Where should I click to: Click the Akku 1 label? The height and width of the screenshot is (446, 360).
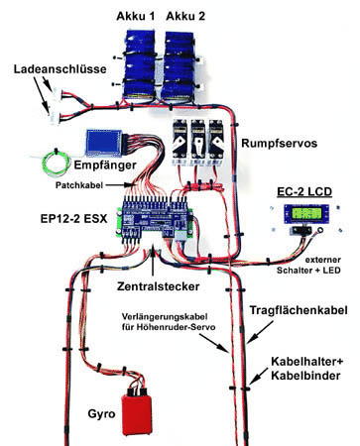pyautogui.click(x=136, y=16)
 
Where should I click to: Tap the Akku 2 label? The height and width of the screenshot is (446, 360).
pyautogui.click(x=185, y=16)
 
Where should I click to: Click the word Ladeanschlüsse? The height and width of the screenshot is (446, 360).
pyautogui.click(x=60, y=69)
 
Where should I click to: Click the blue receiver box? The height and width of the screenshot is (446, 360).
pyautogui.click(x=104, y=143)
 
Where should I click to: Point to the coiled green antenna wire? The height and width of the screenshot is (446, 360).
pyautogui.click(x=56, y=163)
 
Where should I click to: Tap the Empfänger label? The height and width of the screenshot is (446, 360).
pyautogui.click(x=105, y=165)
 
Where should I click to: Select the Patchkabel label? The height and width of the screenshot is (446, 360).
pyautogui.click(x=79, y=185)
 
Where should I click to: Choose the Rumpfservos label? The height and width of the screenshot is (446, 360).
pyautogui.click(x=279, y=144)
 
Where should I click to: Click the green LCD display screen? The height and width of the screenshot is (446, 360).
pyautogui.click(x=306, y=213)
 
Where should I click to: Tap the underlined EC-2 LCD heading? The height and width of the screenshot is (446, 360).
pyautogui.click(x=304, y=192)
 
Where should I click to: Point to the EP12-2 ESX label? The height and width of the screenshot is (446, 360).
pyautogui.click(x=74, y=219)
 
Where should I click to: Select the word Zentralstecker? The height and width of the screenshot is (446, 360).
pyautogui.click(x=159, y=286)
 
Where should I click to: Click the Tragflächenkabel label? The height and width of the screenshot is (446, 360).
pyautogui.click(x=299, y=310)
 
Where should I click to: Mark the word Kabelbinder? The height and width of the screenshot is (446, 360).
pyautogui.click(x=305, y=376)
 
